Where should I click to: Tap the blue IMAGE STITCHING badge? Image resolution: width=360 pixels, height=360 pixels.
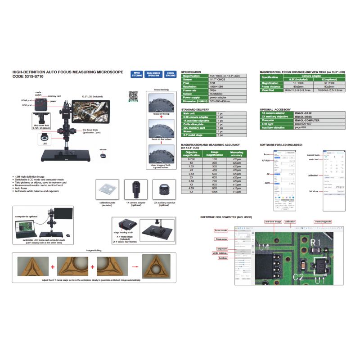click(137, 75)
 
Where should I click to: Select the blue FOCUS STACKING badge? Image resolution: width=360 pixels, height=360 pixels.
click(170, 75)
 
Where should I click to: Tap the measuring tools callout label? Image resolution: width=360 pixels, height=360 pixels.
click(323, 222)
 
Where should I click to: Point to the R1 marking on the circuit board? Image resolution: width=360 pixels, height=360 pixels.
click(315, 243)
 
